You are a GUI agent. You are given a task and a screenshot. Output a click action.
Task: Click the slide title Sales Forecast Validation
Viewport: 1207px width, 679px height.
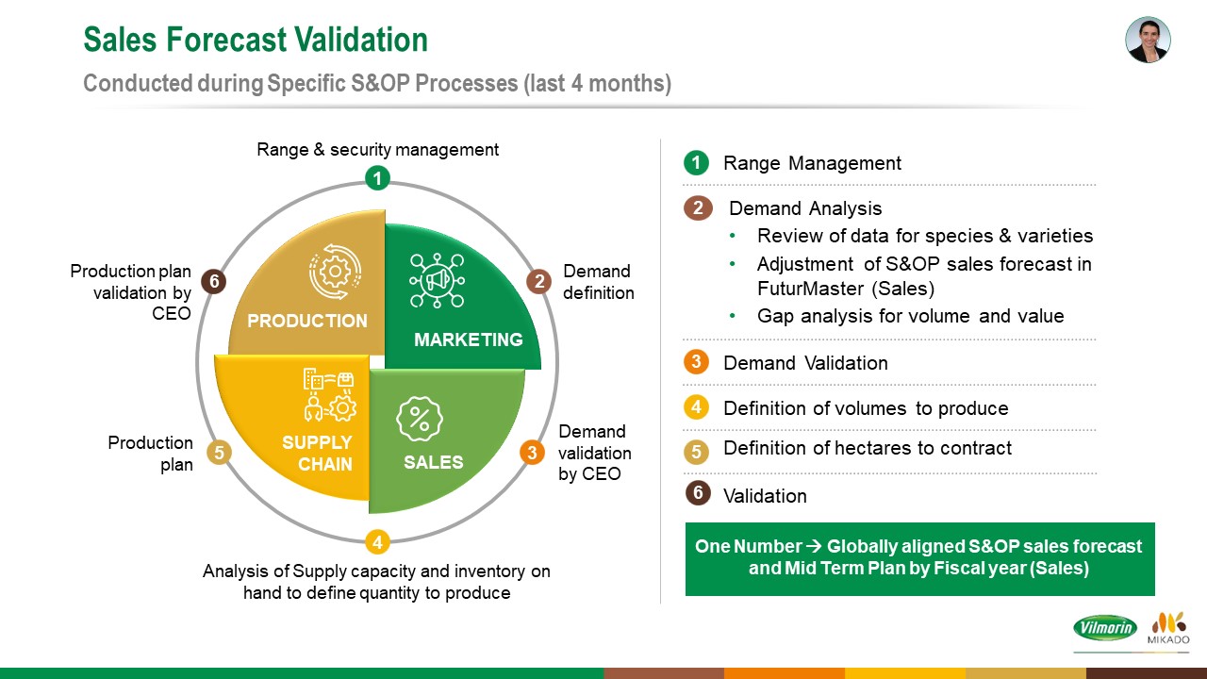point(256,40)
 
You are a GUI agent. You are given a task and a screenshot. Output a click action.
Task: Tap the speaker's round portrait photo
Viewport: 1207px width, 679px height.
point(1148,40)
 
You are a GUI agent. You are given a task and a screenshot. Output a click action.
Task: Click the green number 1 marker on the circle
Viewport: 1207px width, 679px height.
point(377,178)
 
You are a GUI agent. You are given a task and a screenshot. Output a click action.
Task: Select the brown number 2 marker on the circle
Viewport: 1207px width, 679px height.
point(538,282)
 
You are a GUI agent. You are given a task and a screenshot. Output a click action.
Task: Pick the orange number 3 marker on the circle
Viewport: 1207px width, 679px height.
point(533,453)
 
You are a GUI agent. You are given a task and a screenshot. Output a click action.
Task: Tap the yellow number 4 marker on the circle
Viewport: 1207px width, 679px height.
point(377,542)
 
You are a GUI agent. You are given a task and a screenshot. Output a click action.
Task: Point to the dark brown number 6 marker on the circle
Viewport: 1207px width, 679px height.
point(214,281)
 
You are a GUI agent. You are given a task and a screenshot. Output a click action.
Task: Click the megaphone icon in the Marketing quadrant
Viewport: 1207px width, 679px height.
point(437,280)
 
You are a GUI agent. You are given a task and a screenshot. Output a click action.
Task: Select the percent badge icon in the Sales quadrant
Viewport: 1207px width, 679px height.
point(420,419)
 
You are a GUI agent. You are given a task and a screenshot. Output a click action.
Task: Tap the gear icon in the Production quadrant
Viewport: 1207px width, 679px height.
point(335,272)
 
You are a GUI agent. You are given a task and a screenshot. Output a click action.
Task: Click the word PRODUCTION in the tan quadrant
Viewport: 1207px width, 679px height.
point(307,322)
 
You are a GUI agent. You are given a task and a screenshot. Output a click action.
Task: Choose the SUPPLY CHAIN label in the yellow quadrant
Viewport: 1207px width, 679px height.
point(318,454)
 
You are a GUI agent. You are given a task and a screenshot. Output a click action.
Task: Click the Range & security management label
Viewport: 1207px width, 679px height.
point(377,149)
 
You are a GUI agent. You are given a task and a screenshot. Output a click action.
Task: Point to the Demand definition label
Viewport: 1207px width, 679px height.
point(598,282)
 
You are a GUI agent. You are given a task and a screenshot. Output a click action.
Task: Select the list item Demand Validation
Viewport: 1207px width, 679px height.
point(805,363)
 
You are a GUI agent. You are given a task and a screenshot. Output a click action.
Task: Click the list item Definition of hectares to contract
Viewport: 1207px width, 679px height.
point(868,448)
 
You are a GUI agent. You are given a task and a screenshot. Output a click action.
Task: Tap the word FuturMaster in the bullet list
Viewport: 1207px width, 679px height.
point(810,289)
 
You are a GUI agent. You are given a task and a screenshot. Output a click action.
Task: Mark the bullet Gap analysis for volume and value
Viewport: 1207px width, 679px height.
point(911,316)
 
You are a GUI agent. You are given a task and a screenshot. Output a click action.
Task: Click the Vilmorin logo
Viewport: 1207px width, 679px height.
point(1105,628)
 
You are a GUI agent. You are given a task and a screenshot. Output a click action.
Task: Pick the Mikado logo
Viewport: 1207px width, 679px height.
point(1168,628)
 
